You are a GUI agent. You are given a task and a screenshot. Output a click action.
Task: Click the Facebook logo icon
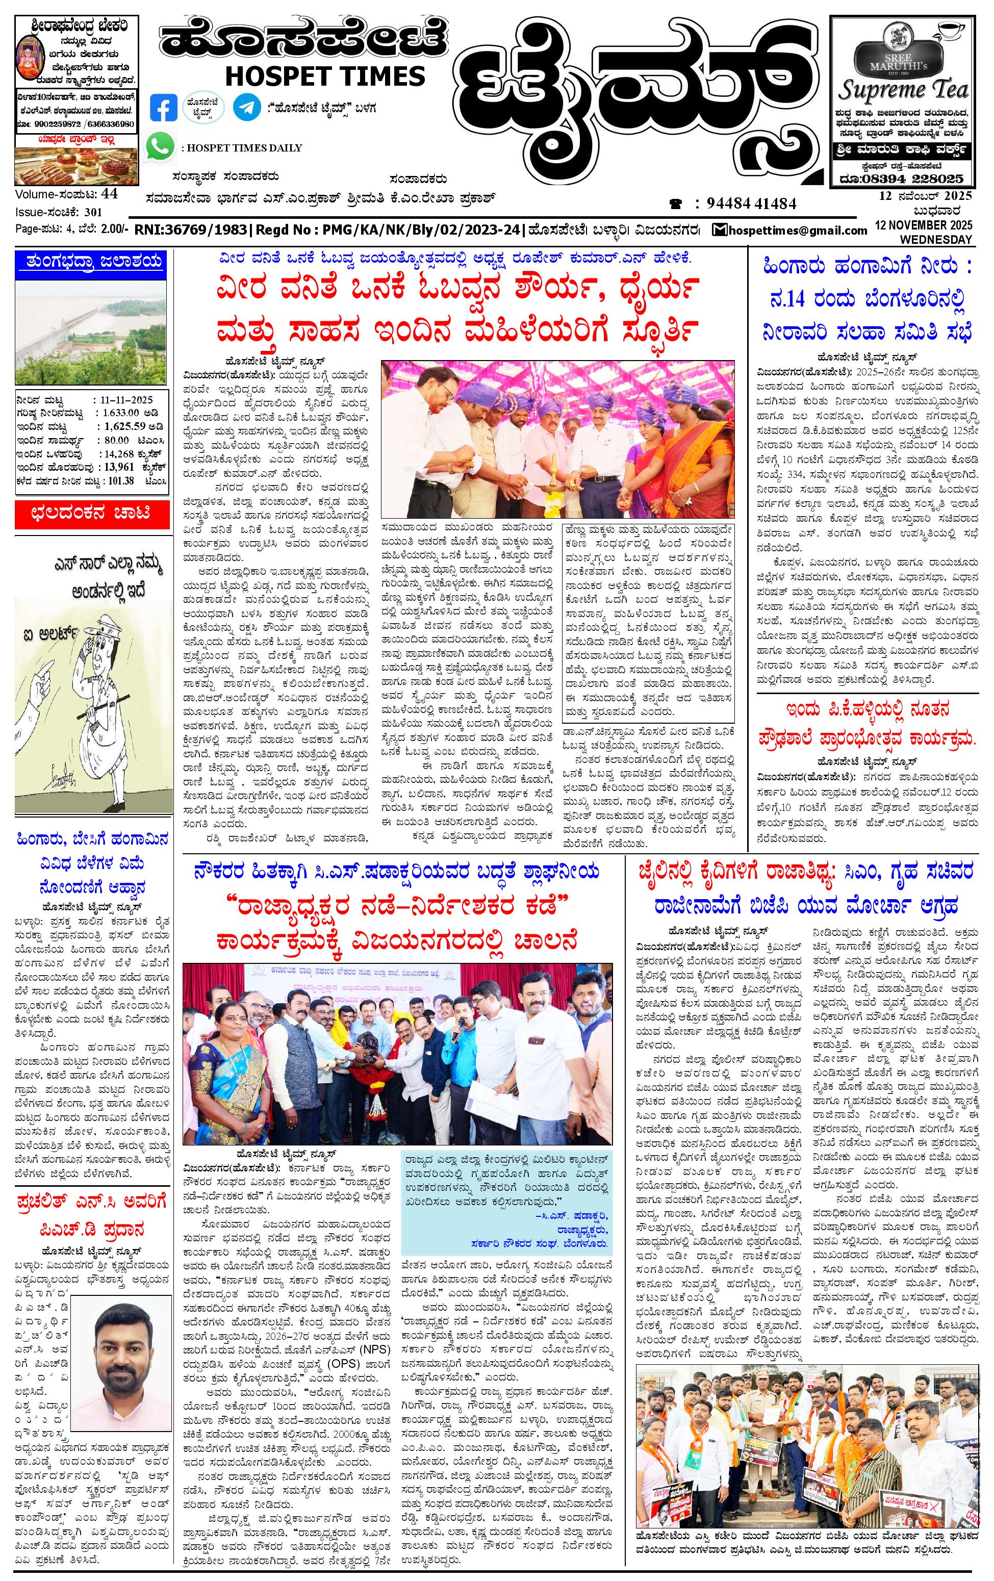click(x=164, y=108)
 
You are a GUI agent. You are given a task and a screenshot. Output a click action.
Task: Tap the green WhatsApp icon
click(x=161, y=146)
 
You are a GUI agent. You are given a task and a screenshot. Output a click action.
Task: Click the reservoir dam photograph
click(x=89, y=331)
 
